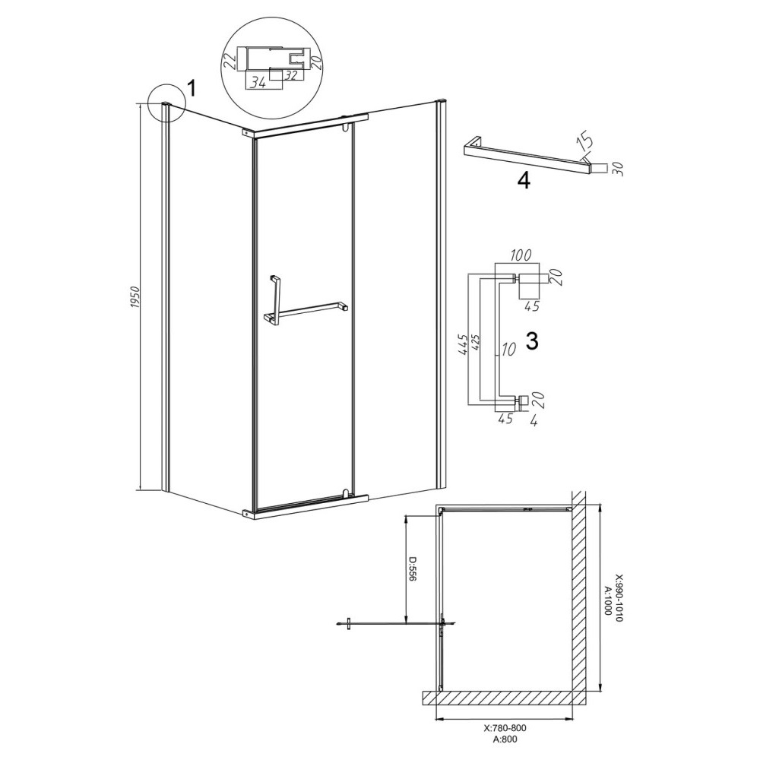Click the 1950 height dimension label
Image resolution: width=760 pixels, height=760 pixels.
point(135,298)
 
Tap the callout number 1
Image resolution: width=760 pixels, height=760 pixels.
point(192,89)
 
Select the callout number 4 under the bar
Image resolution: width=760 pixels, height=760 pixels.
point(524,182)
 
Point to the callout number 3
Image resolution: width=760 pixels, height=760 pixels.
point(532,342)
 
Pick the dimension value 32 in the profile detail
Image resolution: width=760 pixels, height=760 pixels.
point(291,74)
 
